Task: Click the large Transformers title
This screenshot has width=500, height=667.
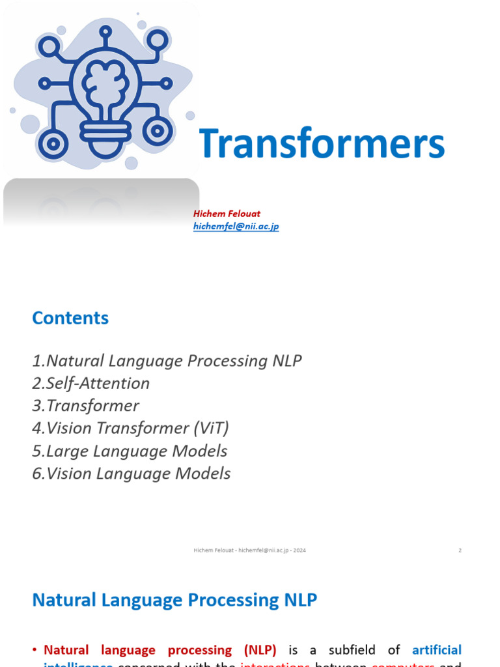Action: coord(322,144)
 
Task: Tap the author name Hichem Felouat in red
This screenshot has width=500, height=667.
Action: coord(227,214)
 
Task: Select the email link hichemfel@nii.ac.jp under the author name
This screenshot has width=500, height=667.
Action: coord(236,226)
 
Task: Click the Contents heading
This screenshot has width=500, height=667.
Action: coord(70,318)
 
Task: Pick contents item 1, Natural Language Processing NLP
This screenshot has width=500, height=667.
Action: coord(167,361)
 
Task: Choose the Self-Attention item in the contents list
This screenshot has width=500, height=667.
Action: coord(91,383)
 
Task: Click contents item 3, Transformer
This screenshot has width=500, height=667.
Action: coord(85,406)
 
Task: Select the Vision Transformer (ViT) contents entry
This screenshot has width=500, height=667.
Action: coord(130,428)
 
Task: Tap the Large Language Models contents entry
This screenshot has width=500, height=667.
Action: coord(130,451)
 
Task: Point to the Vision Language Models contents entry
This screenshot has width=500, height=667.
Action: coord(131,474)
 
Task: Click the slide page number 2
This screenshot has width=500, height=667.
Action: coord(460,550)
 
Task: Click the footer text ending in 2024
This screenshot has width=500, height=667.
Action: coord(249,550)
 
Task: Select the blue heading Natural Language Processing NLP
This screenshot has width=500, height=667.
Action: coord(174,600)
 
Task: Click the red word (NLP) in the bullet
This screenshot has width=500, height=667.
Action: coord(260,649)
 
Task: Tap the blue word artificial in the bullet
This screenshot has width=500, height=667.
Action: coord(437,649)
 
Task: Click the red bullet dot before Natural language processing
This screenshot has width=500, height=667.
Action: coord(35,650)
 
